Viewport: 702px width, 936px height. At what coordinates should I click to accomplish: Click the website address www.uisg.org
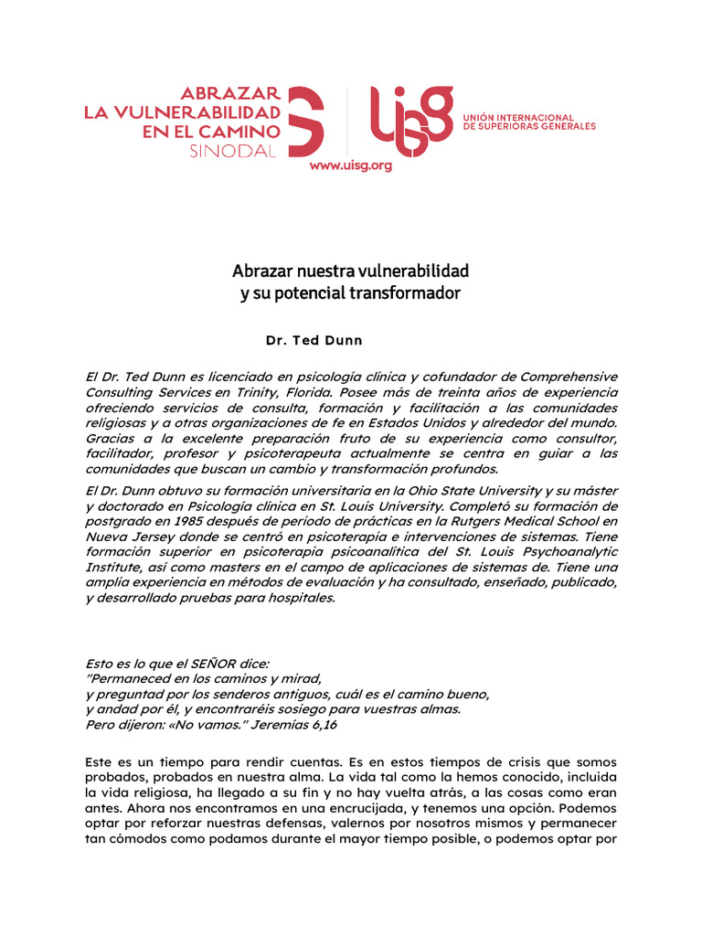click(x=350, y=165)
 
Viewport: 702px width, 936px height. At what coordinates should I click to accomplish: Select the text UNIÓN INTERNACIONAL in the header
click(x=519, y=118)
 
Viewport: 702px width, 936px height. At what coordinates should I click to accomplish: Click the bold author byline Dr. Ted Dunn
click(x=314, y=341)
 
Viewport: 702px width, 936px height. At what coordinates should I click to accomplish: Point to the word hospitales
click(x=300, y=598)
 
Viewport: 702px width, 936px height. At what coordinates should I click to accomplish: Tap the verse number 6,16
click(x=334, y=723)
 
